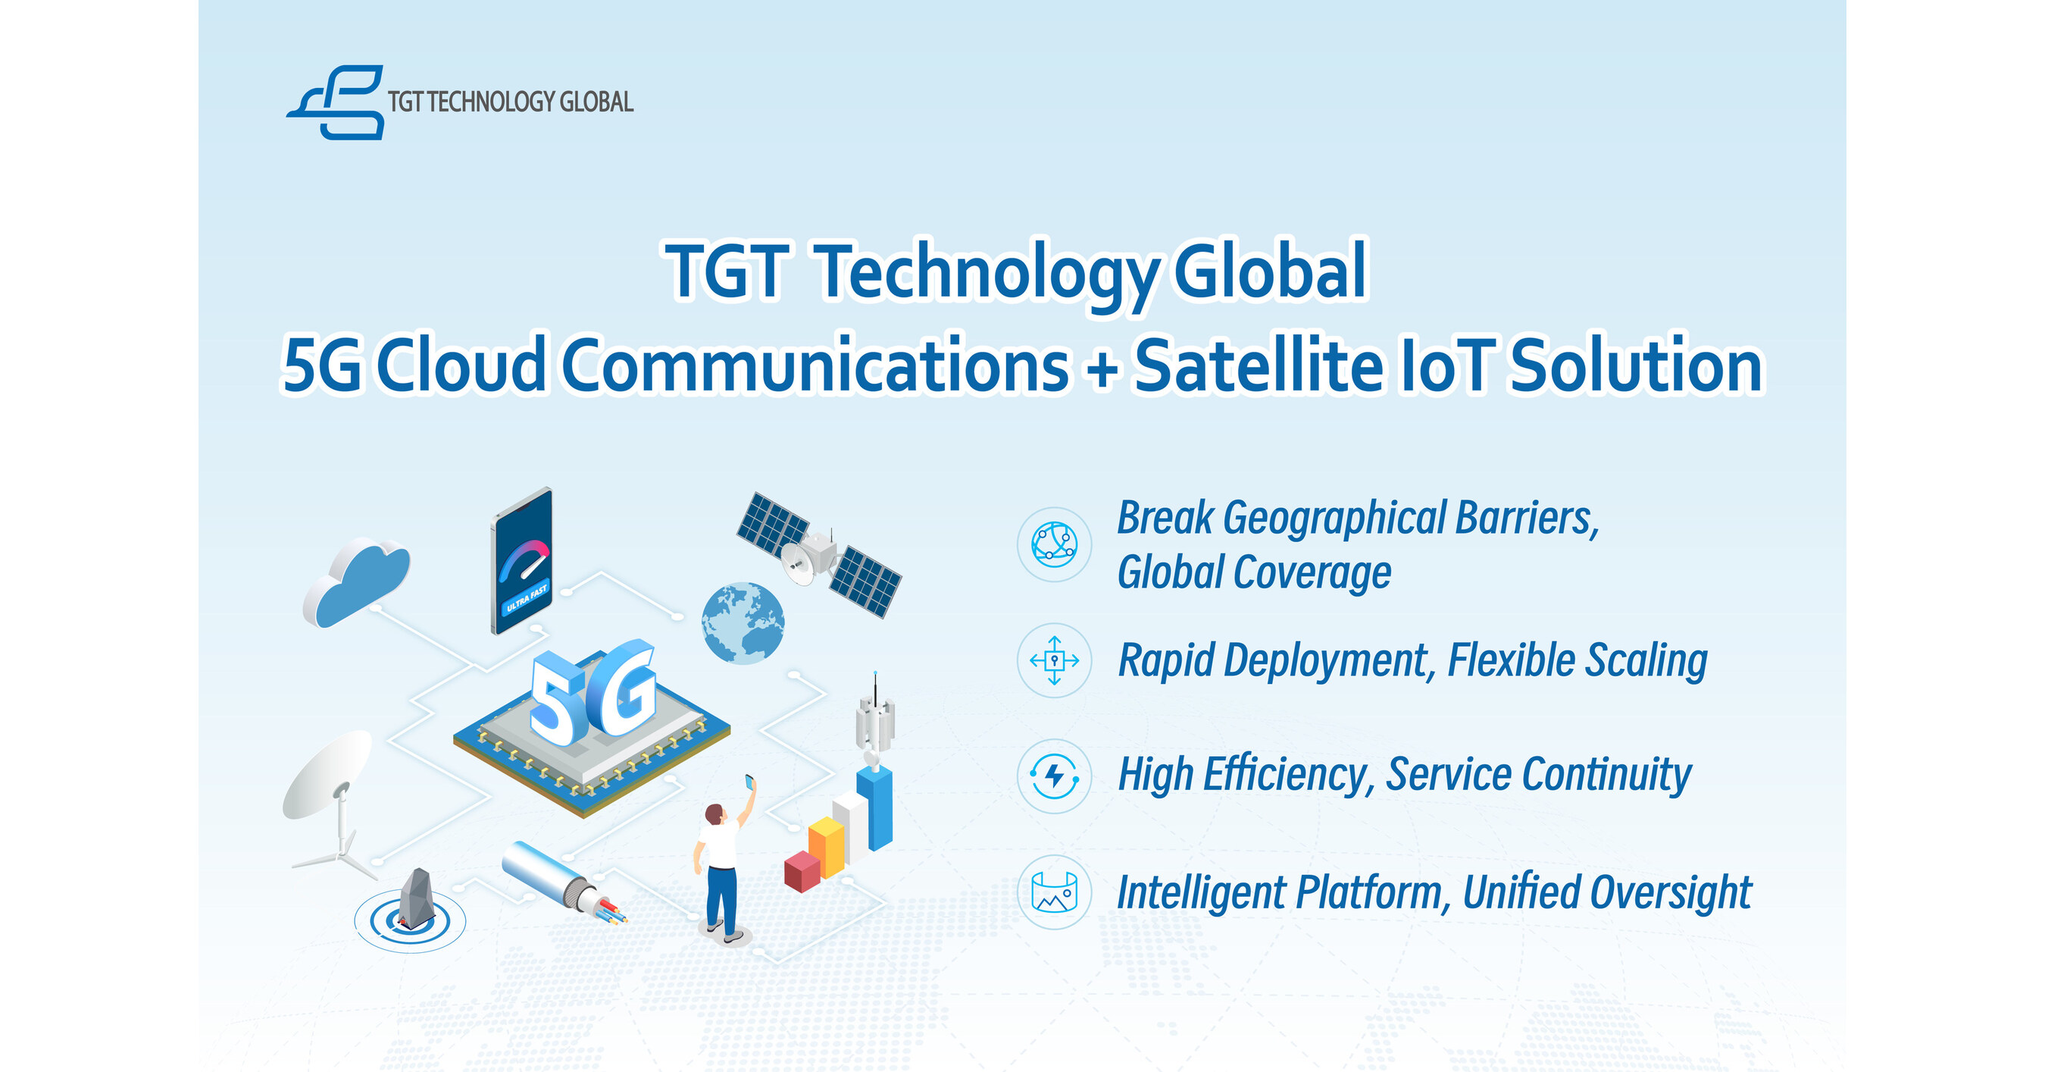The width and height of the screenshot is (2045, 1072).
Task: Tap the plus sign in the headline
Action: point(1102,367)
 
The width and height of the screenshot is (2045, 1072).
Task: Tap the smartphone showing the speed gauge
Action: point(521,560)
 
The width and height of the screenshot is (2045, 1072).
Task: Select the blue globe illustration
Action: point(743,623)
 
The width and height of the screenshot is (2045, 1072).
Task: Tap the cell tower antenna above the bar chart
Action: point(874,719)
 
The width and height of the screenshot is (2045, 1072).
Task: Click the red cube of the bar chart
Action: point(802,870)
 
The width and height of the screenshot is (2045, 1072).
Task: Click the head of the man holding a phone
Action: point(714,815)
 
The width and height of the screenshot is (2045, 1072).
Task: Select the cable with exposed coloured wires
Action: point(564,882)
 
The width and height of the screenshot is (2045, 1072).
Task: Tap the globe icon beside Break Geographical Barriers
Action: point(1054,545)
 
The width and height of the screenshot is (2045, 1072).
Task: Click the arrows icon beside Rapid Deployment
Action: point(1054,660)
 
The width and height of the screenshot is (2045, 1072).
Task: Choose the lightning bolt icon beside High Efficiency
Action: point(1054,776)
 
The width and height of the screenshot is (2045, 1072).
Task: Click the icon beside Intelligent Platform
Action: point(1054,892)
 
